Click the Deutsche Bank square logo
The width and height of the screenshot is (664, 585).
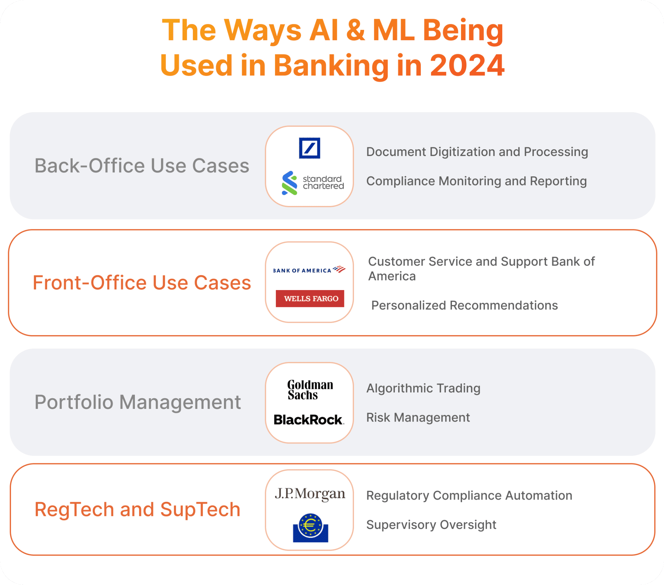coord(309,148)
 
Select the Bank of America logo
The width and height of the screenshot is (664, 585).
coord(309,270)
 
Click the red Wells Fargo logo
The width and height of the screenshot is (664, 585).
coord(310,298)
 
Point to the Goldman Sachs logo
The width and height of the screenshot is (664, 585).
coord(310,390)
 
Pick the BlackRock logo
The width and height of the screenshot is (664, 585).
coord(309,420)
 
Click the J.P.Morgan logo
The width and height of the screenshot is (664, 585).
coord(310,493)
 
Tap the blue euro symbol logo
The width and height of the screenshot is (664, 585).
coord(311,528)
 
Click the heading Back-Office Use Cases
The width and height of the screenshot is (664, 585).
coord(142,165)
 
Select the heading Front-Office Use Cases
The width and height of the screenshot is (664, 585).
coord(142,282)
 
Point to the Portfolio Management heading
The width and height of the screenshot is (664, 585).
coord(138,402)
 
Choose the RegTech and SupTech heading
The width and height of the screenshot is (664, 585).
coord(137,509)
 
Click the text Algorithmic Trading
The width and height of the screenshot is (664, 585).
coord(423,388)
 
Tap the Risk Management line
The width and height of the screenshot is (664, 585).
coord(418,417)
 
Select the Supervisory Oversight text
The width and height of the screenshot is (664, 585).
coord(431,525)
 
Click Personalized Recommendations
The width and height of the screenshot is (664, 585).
coord(465,305)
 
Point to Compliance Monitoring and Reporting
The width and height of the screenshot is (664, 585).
coord(477,181)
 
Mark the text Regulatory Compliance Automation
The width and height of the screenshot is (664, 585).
coord(469,495)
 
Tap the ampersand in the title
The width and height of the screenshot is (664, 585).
coord(355,30)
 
